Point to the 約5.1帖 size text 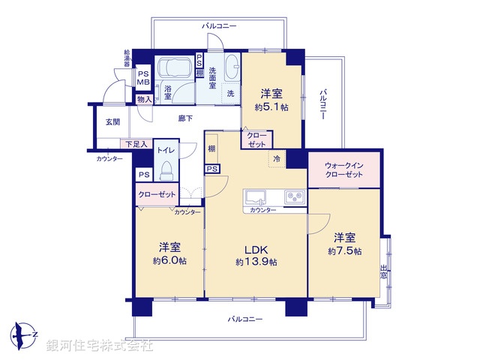point(271,106)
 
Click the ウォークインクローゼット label point(344,169)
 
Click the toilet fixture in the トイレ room point(166,170)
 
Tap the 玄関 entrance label point(112,121)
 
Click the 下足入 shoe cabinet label point(136,143)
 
